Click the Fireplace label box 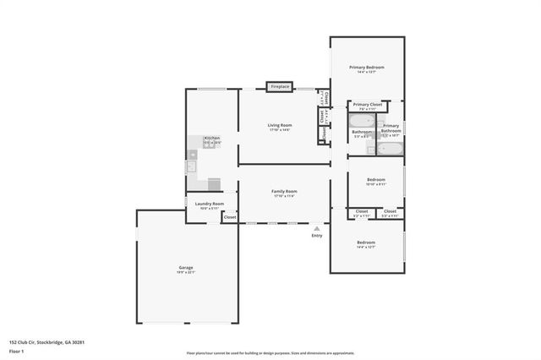[280, 86]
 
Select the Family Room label [284, 194]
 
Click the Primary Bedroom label [367, 69]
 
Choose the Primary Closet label [368, 106]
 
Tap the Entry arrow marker [317, 227]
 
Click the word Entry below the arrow [317, 236]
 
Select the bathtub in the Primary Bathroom [390, 150]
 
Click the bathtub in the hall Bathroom [361, 121]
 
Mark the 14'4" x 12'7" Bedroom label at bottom [366, 244]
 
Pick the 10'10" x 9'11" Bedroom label [376, 182]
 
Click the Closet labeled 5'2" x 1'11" [361, 213]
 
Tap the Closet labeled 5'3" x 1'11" [390, 213]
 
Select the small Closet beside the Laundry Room [230, 217]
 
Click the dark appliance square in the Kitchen [214, 183]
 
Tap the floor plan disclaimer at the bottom [270, 353]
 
